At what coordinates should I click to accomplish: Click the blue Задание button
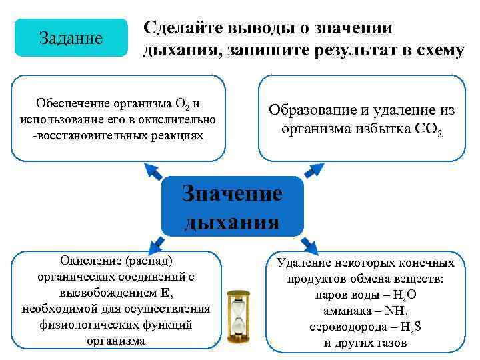pyautogui.click(x=71, y=38)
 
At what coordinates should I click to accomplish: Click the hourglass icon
pyautogui.click(x=238, y=317)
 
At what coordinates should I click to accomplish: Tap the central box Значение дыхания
pyautogui.click(x=232, y=207)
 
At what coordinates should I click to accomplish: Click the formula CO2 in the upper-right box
pyautogui.click(x=427, y=129)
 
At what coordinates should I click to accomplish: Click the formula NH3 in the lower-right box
pyautogui.click(x=400, y=311)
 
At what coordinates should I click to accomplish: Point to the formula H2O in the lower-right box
pyautogui.click(x=403, y=295)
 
